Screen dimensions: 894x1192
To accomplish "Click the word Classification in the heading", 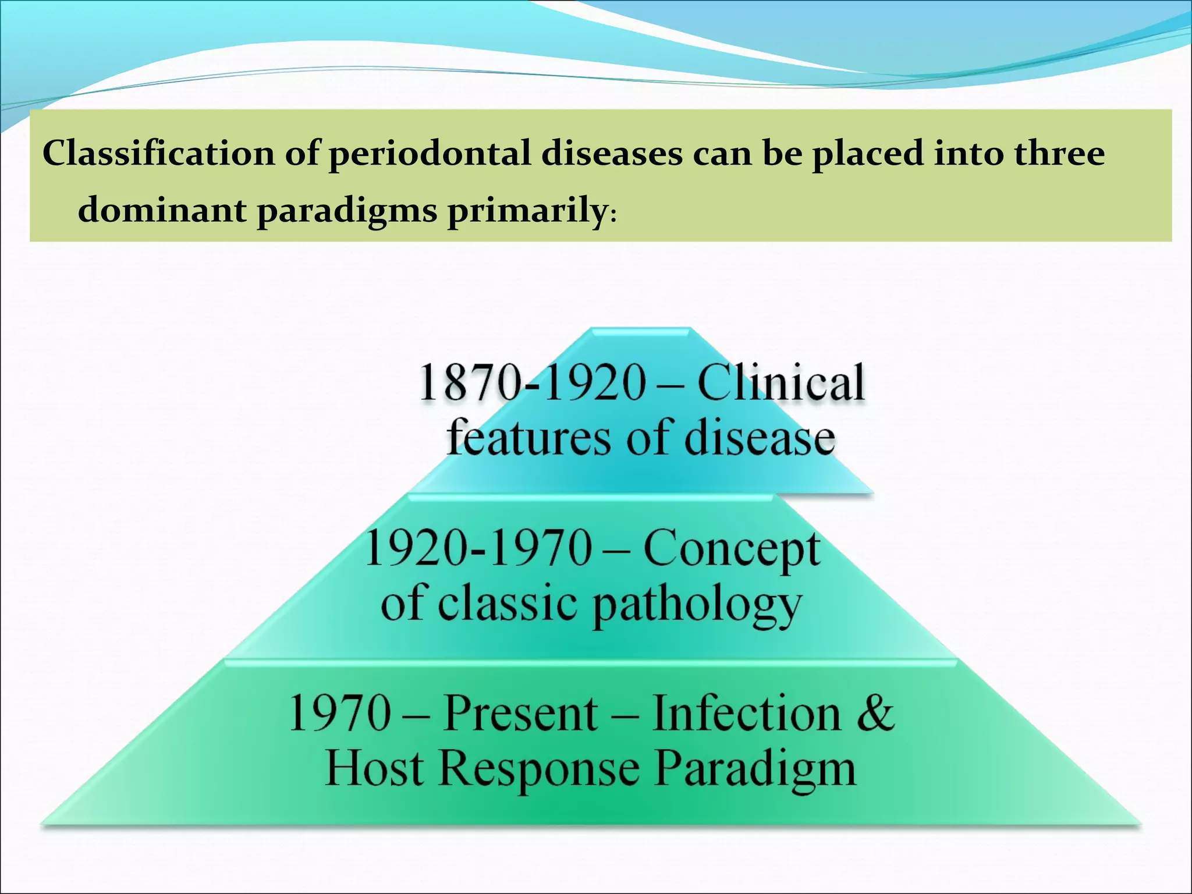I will pyautogui.click(x=158, y=154).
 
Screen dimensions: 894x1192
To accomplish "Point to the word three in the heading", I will pyautogui.click(x=1059, y=154).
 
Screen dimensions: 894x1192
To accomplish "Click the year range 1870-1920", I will pyautogui.click(x=532, y=383).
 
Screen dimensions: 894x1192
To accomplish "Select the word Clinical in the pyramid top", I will pyautogui.click(x=781, y=383).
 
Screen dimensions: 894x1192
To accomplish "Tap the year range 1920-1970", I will pyautogui.click(x=478, y=548).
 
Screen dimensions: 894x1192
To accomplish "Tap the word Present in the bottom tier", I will pyautogui.click(x=520, y=712).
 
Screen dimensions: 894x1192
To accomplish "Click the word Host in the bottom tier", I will pyautogui.click(x=374, y=768).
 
